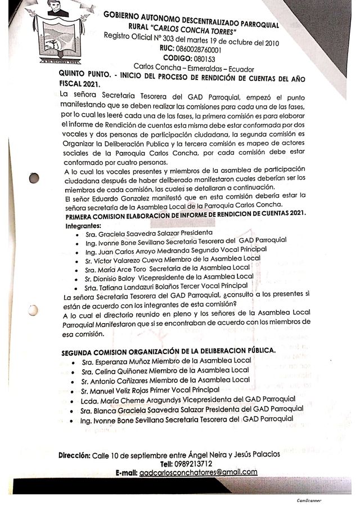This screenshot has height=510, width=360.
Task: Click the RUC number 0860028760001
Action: pyautogui.click(x=192, y=49)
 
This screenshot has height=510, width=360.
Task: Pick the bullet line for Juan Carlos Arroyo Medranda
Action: pyautogui.click(x=174, y=249)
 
